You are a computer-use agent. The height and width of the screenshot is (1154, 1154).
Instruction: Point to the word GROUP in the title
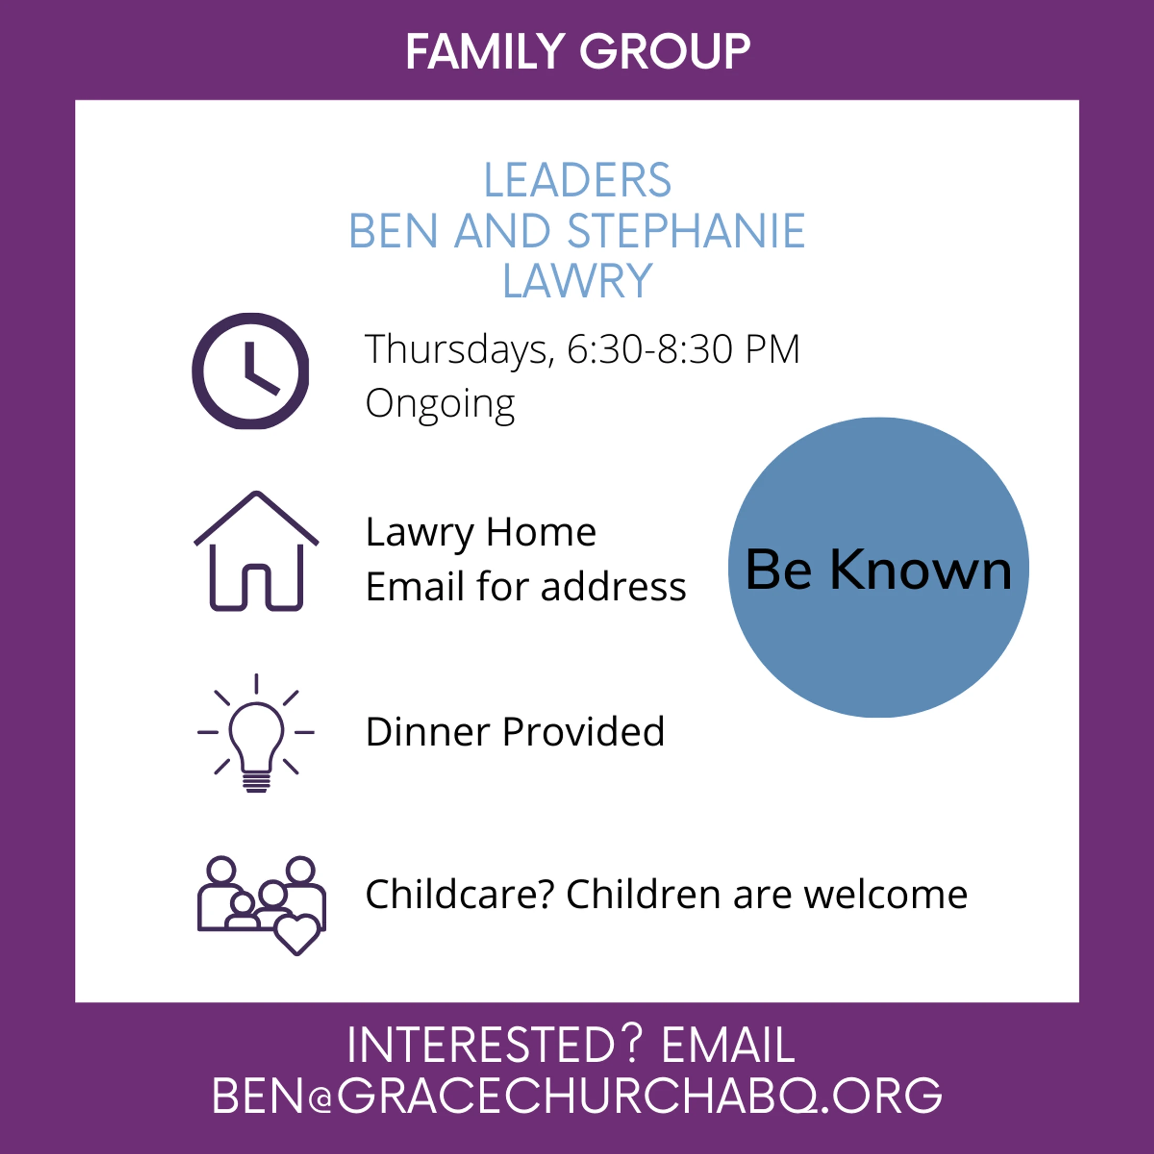tap(665, 52)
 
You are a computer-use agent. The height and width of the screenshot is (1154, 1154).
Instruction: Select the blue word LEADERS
tap(577, 180)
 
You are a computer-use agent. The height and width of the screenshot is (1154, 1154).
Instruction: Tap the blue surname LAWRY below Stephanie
tap(577, 281)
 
